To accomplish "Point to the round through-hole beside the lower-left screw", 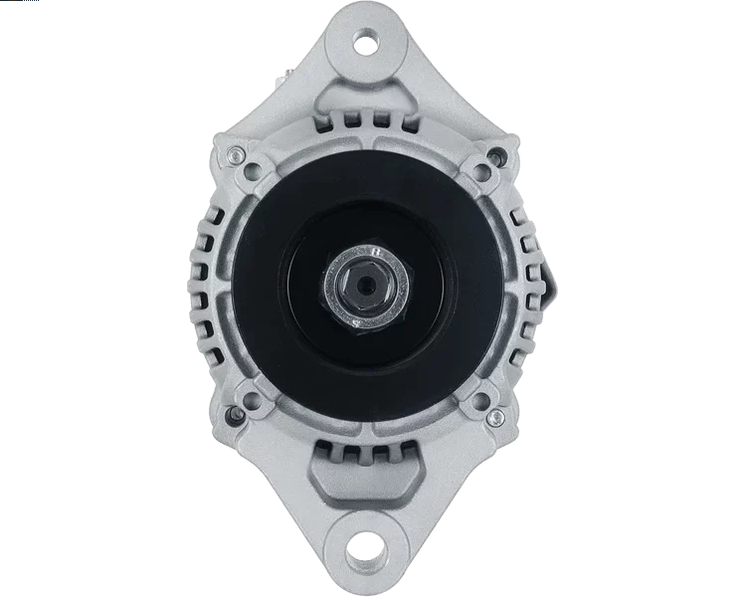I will point(252,400).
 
